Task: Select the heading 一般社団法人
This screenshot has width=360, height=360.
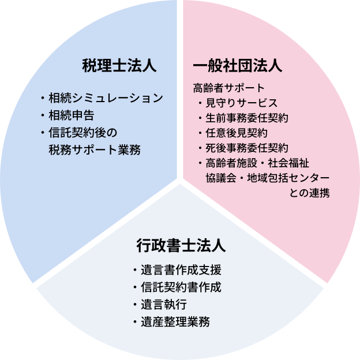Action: pyautogui.click(x=237, y=65)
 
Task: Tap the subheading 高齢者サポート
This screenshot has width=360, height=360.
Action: pyautogui.click(x=228, y=88)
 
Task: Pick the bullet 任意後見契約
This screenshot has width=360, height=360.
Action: pyautogui.click(x=235, y=133)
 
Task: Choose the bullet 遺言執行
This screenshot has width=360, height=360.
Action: pyautogui.click(x=162, y=304)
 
